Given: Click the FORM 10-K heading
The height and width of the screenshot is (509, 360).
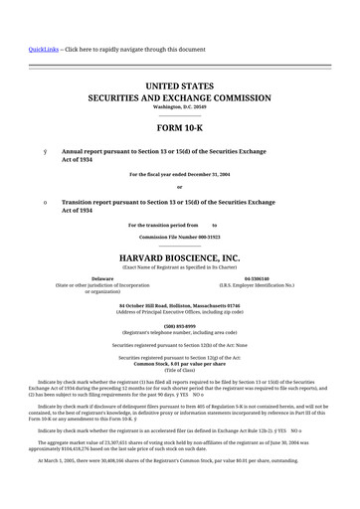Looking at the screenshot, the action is click(x=179, y=129).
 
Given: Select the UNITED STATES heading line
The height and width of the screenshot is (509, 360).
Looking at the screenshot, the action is click(x=179, y=87).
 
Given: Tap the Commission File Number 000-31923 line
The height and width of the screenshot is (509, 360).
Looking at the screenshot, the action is click(x=179, y=238).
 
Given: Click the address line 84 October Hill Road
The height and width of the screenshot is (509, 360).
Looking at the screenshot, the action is click(x=179, y=305).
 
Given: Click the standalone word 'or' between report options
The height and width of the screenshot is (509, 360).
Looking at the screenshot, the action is click(x=179, y=186).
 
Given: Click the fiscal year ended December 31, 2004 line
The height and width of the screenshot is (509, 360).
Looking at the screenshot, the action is click(x=179, y=174).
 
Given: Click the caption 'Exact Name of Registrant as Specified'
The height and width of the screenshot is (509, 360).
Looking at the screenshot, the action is click(x=179, y=265).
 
